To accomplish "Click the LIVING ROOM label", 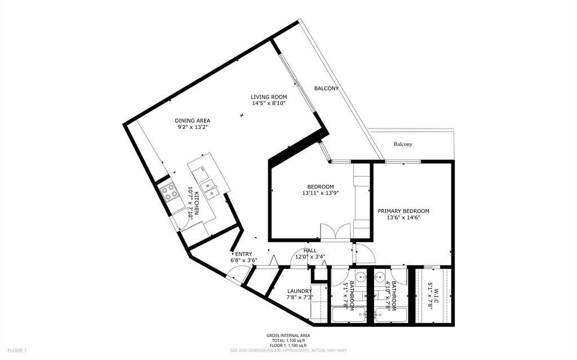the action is (269, 97).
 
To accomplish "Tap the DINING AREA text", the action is (193, 121).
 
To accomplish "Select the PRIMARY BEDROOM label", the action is (403, 211).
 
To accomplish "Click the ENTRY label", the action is (243, 254).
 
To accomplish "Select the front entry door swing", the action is (234, 274).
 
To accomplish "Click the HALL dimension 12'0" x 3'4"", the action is (310, 257).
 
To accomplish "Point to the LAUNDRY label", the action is (299, 291).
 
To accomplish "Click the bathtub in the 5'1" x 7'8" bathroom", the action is (348, 315).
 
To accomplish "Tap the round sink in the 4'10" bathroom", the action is (379, 277).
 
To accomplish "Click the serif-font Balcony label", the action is (403, 144).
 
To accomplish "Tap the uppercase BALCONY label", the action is (326, 88).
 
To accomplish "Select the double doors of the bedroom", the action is (335, 232).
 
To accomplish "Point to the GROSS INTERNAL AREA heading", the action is (288, 335).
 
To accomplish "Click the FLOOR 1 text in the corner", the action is (17, 350).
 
